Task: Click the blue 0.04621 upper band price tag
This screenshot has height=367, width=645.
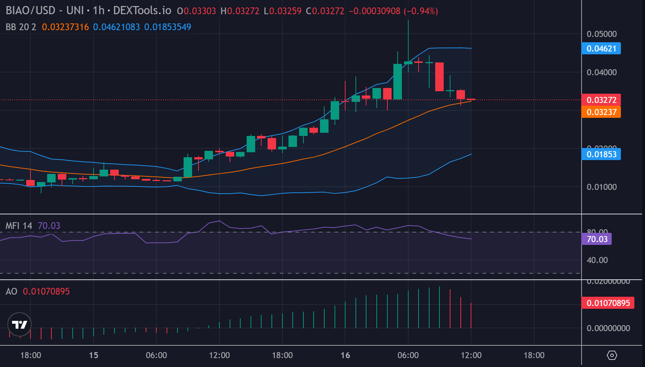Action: point(601,49)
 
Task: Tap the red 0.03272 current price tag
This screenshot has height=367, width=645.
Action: point(601,100)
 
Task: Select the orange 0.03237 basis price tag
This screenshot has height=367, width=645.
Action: point(601,112)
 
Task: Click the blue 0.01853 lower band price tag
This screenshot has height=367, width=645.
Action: point(601,154)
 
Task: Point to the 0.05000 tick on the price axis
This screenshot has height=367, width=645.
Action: point(601,34)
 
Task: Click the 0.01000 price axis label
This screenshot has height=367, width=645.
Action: point(601,187)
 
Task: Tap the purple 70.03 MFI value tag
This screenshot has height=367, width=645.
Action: point(597,239)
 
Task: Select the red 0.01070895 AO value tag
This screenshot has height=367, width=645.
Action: point(608,303)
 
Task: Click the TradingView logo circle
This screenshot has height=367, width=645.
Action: point(19,324)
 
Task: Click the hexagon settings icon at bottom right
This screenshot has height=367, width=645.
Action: point(612,355)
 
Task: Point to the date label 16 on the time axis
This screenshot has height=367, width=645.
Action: point(345,355)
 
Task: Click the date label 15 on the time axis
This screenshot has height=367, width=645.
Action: point(94,355)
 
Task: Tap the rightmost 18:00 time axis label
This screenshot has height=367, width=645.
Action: point(534,355)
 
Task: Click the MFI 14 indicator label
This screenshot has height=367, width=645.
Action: point(19,226)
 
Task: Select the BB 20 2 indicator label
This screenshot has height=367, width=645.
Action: point(21,27)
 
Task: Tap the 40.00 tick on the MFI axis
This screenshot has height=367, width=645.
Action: point(597,260)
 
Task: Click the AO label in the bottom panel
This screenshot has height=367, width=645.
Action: point(11,291)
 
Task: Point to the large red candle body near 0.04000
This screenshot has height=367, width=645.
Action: point(439,77)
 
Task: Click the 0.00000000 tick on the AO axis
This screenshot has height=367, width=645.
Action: point(608,328)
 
